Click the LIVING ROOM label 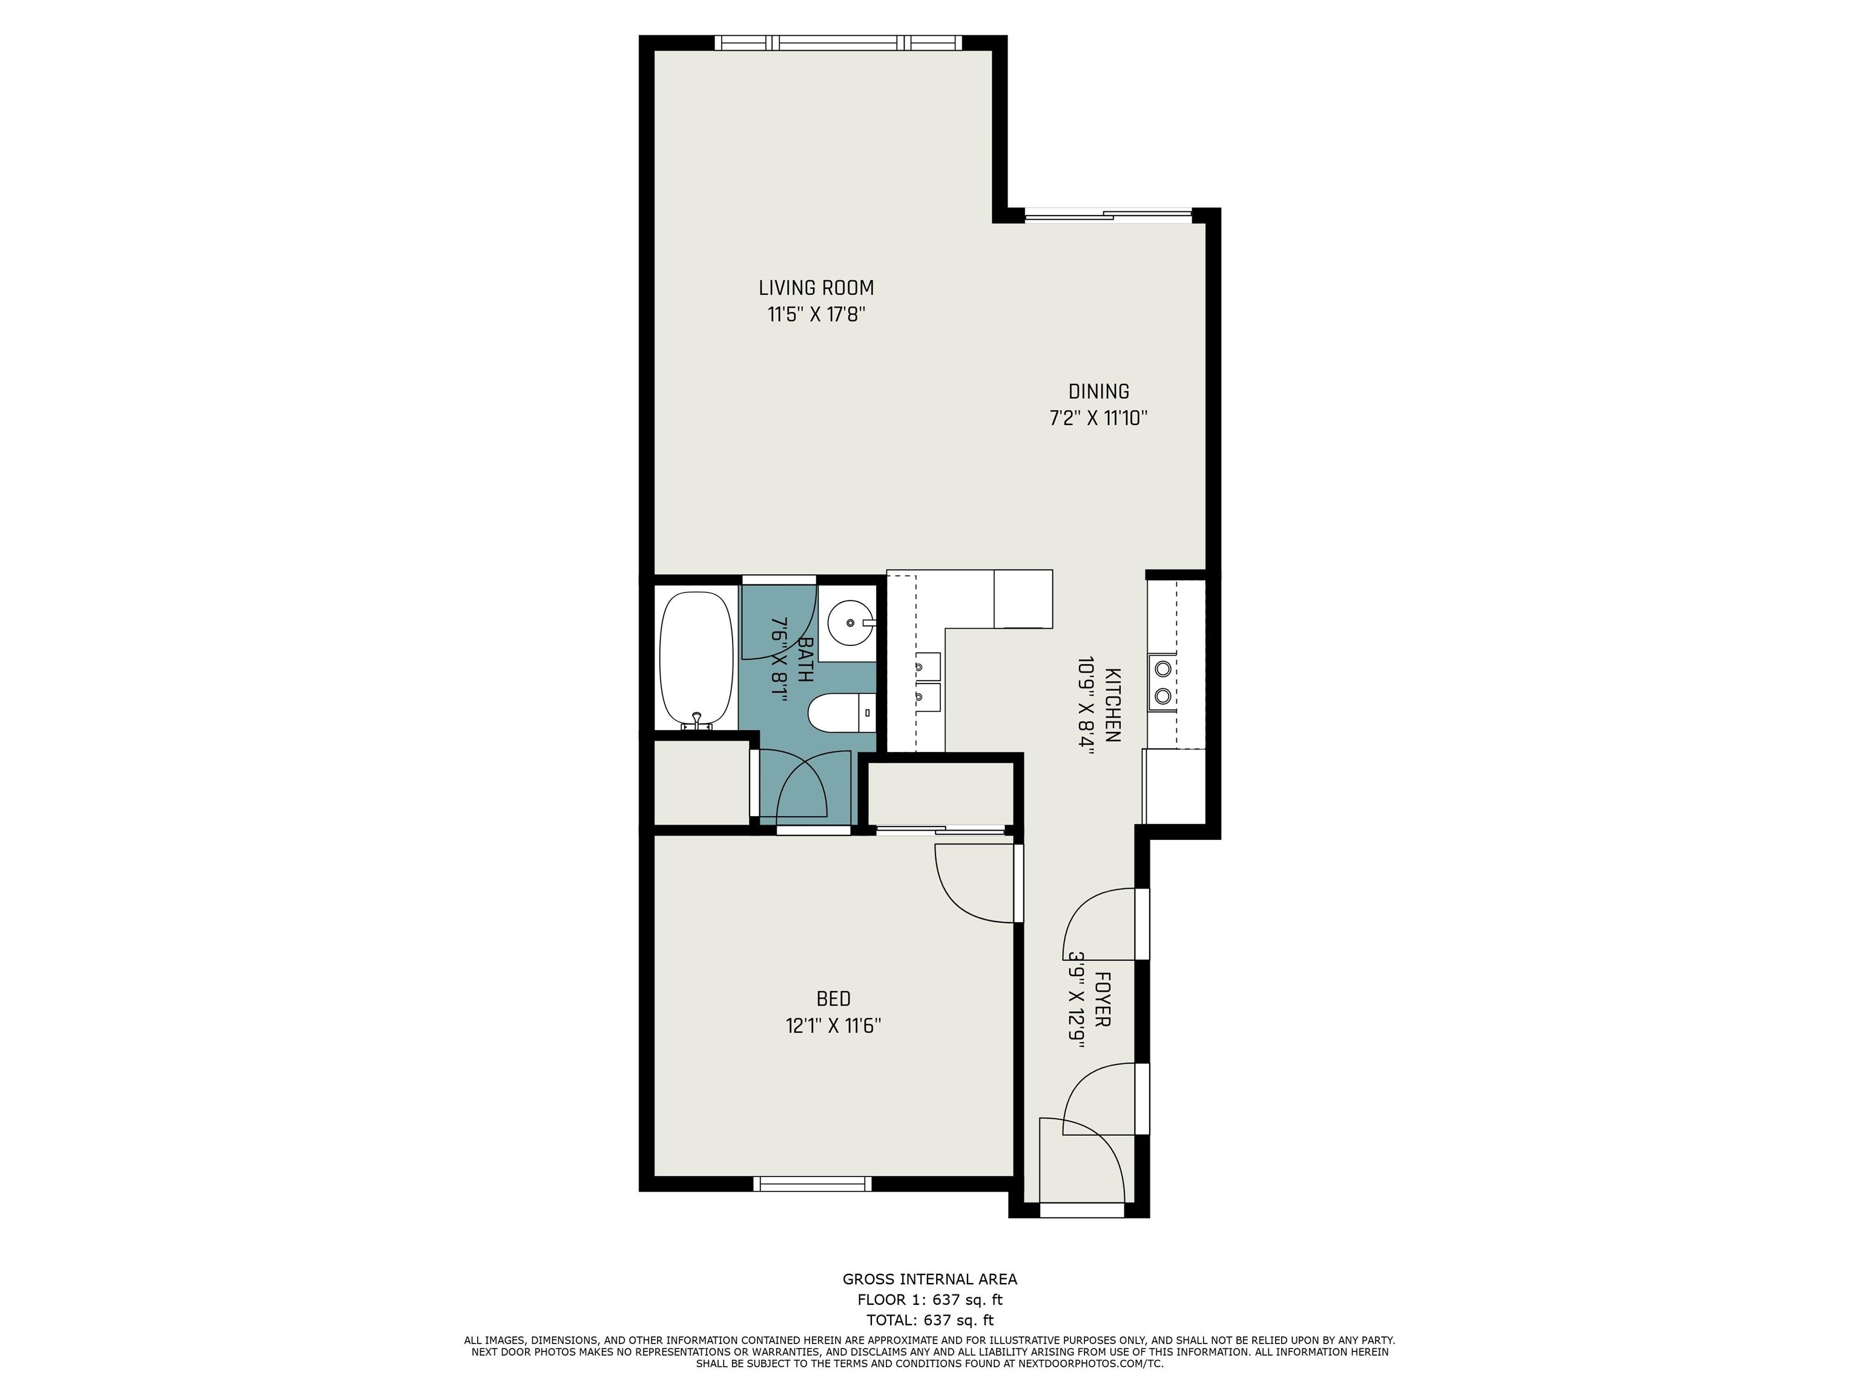[x=816, y=288]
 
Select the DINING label [x=1098, y=392]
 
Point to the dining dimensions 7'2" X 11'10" [x=1098, y=418]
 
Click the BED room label [x=833, y=999]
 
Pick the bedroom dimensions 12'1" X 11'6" [x=833, y=1026]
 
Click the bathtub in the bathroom [x=697, y=661]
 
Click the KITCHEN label [x=1112, y=705]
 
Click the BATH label [x=805, y=660]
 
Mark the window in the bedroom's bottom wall [x=813, y=1184]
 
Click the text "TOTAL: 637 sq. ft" [x=930, y=1320]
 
